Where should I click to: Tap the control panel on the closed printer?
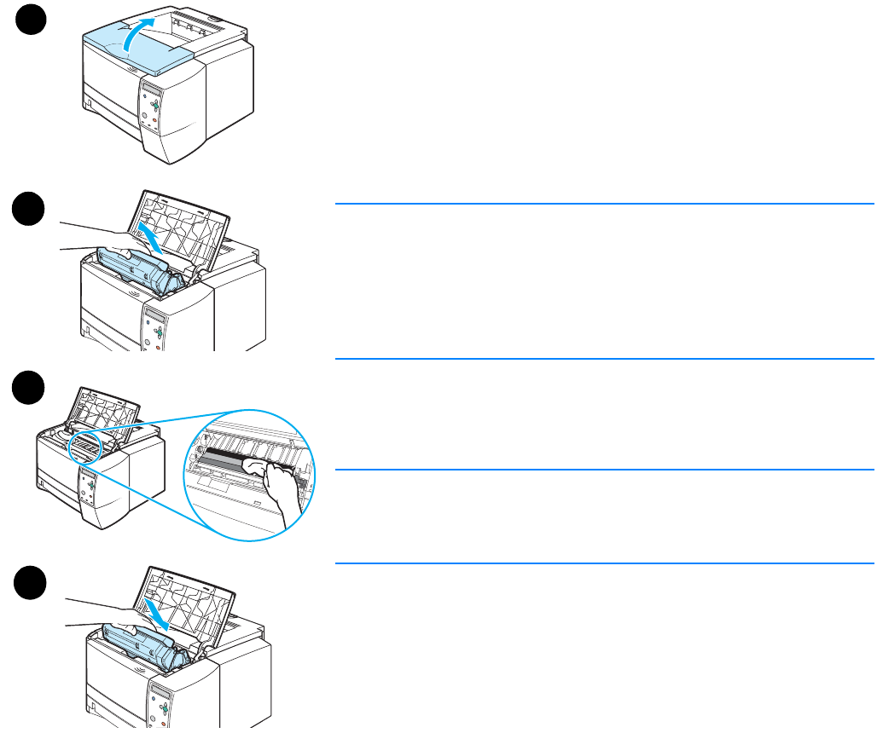tap(152, 106)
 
